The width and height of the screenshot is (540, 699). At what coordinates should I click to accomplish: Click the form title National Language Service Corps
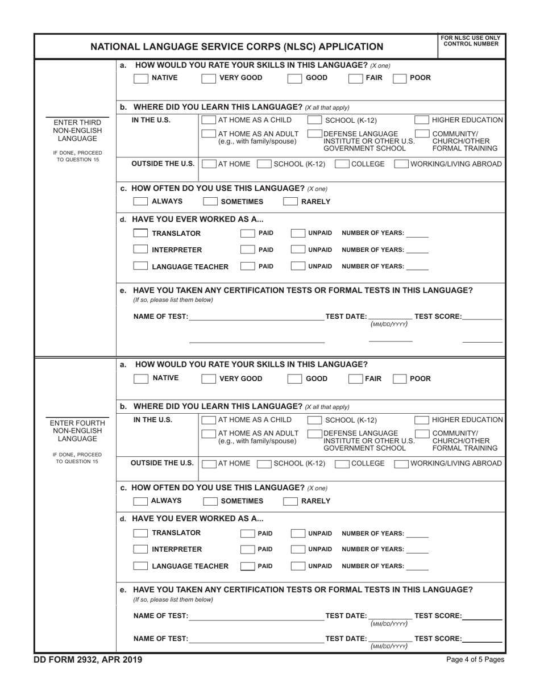tap(237, 47)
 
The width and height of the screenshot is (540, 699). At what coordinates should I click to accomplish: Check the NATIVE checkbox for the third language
tap(140, 78)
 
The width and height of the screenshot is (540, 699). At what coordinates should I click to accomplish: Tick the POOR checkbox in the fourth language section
tap(400, 379)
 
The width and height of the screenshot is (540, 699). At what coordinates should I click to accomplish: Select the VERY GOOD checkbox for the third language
tap(209, 78)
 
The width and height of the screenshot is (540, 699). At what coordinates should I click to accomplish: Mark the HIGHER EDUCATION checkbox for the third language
tap(421, 120)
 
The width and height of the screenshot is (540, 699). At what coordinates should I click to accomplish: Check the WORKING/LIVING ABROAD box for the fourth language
tap(401, 464)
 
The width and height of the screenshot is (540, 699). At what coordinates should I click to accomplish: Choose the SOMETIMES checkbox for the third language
tap(210, 201)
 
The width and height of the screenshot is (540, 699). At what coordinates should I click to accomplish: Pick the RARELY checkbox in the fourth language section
tap(290, 501)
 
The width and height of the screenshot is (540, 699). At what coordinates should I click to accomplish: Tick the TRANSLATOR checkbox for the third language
tap(140, 233)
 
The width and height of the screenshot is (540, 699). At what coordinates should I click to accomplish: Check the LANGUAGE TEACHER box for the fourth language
tap(140, 566)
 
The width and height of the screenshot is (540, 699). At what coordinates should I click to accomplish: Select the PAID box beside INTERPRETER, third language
tap(247, 249)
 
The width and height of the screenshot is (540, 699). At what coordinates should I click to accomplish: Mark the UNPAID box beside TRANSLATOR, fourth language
tap(297, 534)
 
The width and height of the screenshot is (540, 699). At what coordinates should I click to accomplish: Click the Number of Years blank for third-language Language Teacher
tap(418, 267)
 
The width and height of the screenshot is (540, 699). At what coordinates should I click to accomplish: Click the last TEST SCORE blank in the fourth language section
tap(482, 638)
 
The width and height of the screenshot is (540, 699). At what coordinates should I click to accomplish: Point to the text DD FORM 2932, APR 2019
tap(89, 660)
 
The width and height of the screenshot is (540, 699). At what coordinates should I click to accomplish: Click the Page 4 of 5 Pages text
tap(475, 660)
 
